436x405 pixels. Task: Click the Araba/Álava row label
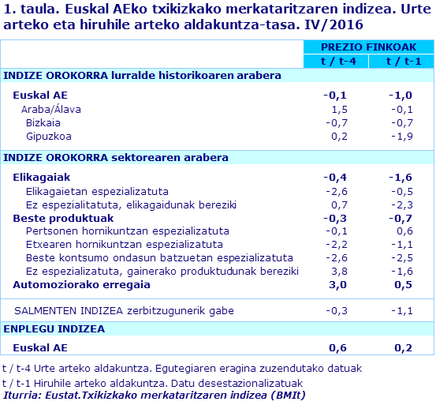click(50, 109)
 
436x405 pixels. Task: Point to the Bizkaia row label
click(43, 122)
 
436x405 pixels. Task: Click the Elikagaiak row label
click(43, 177)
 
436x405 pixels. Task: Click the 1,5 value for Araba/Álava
click(340, 109)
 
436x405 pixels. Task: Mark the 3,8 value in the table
click(340, 271)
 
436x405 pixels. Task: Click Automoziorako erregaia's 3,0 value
click(338, 284)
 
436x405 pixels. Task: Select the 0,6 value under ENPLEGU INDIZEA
click(338, 347)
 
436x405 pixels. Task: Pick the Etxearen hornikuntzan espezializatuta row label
click(115, 244)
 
